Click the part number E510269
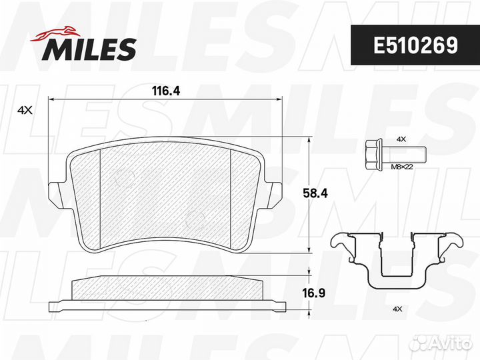point(415,45)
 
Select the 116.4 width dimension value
point(166,91)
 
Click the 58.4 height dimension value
point(315,193)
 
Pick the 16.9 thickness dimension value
point(314,293)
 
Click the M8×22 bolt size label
point(402,167)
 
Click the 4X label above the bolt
point(401,139)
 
